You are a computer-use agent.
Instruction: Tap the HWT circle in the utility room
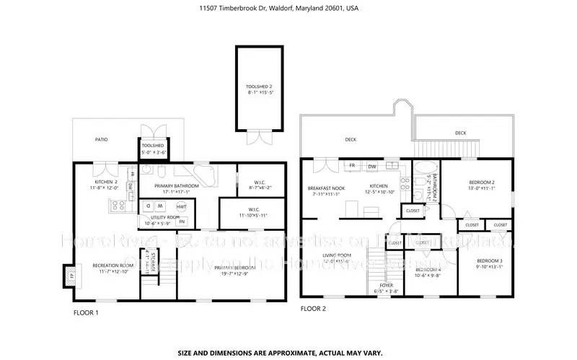point(182,207)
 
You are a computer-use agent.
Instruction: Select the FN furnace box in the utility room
point(182,221)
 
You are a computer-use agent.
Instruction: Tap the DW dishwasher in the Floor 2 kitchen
point(372,167)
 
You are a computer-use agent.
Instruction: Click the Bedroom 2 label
point(482,182)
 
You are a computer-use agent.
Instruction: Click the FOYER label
point(386,285)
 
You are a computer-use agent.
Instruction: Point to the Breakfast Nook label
point(327,188)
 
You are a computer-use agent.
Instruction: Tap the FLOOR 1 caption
point(86,312)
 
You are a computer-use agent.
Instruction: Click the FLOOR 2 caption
point(313,308)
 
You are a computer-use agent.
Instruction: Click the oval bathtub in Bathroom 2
point(420,174)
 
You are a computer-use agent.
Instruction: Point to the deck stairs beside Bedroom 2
point(427,149)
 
